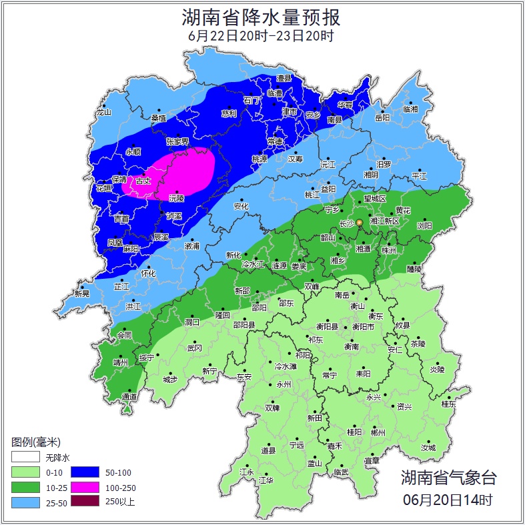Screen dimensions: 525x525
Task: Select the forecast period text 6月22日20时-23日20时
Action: point(261,36)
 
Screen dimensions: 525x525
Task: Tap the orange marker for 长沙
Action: point(360,222)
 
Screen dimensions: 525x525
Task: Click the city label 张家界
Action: point(177,142)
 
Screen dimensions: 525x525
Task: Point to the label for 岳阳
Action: point(382,118)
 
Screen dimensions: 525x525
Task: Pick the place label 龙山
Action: point(103,112)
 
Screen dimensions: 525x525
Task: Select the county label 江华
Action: point(266,480)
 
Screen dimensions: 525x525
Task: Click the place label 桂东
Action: point(449,404)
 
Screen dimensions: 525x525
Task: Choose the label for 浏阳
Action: point(425,225)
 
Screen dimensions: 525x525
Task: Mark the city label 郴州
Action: point(378,432)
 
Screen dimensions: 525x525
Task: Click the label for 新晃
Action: point(82,294)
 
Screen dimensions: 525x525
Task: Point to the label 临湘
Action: point(410,109)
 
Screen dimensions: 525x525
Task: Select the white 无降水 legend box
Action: point(25,458)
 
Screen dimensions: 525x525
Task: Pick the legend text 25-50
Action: point(56,502)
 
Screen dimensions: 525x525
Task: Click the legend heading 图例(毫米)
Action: point(35,442)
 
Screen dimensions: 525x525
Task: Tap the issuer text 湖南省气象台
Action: point(448,477)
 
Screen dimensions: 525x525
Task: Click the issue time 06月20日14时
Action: point(448,499)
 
